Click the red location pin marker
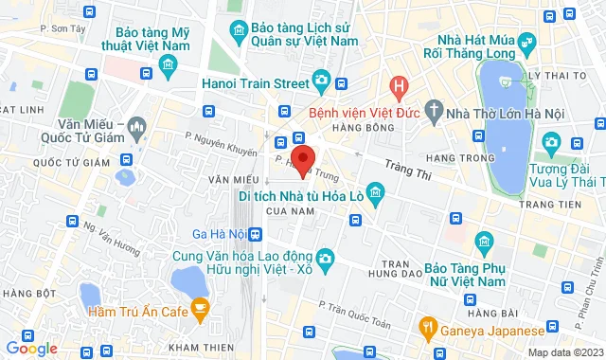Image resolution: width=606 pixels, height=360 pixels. tap(302, 159)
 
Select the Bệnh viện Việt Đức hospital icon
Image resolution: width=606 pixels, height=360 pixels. tap(400, 88)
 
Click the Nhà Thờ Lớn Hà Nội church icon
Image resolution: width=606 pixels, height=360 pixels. tap(435, 109)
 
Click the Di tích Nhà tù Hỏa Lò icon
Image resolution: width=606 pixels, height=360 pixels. tap(376, 196)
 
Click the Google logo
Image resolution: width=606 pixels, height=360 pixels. tap(31, 348)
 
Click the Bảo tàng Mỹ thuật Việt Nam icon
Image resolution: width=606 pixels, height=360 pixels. tap(169, 64)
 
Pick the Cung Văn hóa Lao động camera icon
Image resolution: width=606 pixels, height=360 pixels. tap(325, 258)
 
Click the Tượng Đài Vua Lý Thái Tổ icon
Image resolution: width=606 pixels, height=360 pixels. tap(552, 143)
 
